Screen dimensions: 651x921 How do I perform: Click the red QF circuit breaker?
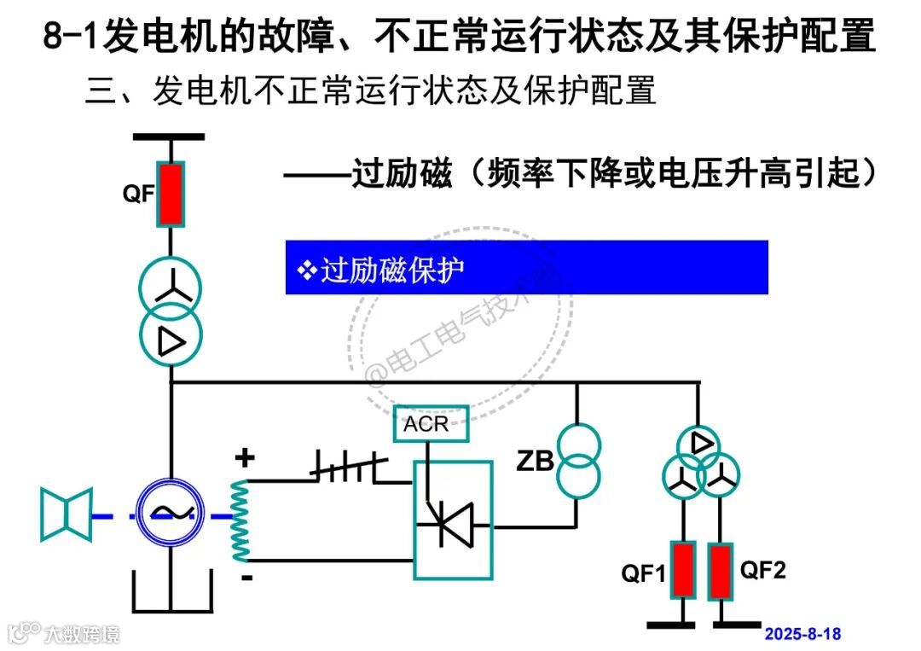coord(171,194)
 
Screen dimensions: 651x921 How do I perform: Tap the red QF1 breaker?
coord(682,570)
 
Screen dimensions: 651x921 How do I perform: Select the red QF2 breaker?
coord(721,570)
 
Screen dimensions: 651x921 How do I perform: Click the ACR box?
coord(431,424)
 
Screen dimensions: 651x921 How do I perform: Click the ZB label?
coord(536,462)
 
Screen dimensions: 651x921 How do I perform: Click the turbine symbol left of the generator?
coord(66,514)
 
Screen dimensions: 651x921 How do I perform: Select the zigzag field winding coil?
coord(240,520)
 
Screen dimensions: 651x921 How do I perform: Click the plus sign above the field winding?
coord(245,459)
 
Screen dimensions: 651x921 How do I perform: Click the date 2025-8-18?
coord(802,634)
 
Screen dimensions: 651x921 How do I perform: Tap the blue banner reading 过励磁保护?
coord(526,268)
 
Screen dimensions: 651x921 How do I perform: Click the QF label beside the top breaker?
coord(138,194)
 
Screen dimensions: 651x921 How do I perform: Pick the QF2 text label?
coord(762,570)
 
